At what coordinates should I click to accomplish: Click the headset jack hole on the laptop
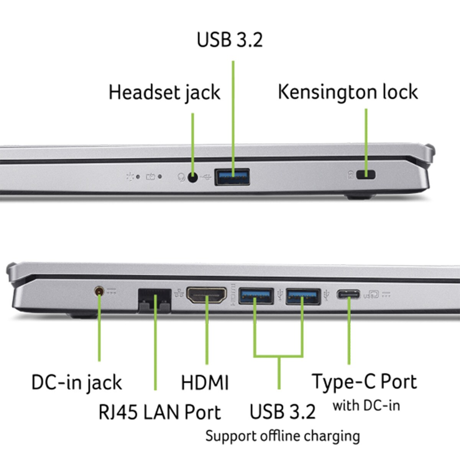tap(192, 177)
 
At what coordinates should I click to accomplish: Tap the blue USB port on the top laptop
tap(232, 177)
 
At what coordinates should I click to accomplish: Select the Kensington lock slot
tap(366, 175)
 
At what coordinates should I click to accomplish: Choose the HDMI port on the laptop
tap(206, 295)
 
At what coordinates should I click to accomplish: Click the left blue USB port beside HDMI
tap(256, 296)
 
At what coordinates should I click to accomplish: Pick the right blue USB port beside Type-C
tap(303, 296)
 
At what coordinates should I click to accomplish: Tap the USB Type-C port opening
tap(348, 294)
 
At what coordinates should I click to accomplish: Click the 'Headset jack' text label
tap(164, 93)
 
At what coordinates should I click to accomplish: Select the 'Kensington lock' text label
tap(348, 92)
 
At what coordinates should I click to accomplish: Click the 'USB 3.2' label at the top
tap(230, 40)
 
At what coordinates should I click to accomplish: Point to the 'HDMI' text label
tap(205, 383)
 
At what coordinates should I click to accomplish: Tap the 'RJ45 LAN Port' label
tap(160, 412)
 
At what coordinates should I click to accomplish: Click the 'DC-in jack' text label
tap(76, 383)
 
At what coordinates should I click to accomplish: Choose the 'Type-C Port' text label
tap(364, 382)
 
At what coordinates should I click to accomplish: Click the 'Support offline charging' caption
tap(283, 436)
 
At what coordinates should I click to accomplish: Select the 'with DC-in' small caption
tap(366, 406)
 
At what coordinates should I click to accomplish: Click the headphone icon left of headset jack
tap(181, 177)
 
